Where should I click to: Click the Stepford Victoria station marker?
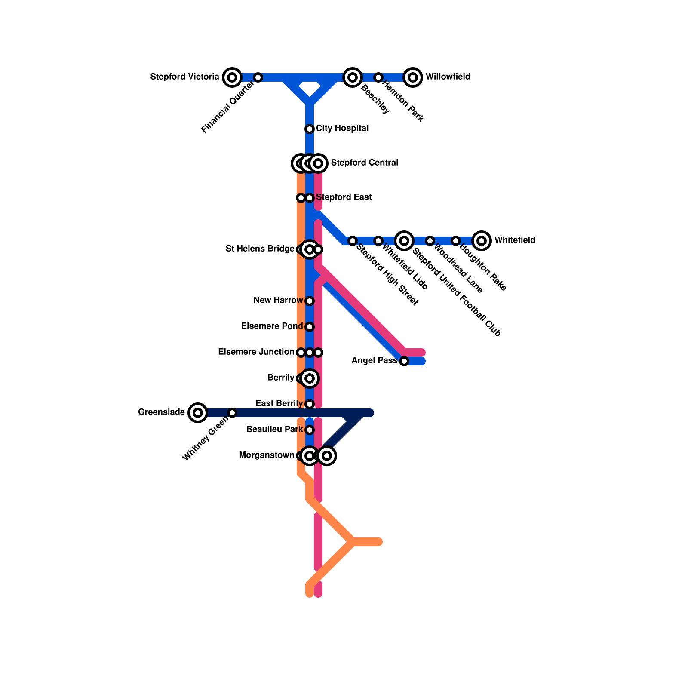pyautogui.click(x=232, y=77)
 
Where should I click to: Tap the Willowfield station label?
pyautogui.click(x=448, y=77)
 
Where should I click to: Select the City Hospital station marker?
pyautogui.click(x=310, y=129)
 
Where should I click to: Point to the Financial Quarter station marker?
pyautogui.click(x=258, y=77)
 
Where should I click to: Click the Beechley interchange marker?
pyautogui.click(x=353, y=77)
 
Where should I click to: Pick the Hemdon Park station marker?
pyautogui.click(x=378, y=77)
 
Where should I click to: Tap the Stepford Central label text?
pyautogui.click(x=364, y=163)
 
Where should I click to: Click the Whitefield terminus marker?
pyautogui.click(x=482, y=241)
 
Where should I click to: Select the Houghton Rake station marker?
pyautogui.click(x=456, y=241)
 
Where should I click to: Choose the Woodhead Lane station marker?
pyautogui.click(x=430, y=241)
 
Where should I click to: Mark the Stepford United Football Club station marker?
pyautogui.click(x=404, y=241)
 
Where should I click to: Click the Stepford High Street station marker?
pyautogui.click(x=353, y=241)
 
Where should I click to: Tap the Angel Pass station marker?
pyautogui.click(x=404, y=361)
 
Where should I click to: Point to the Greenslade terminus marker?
pyautogui.click(x=198, y=413)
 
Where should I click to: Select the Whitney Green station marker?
pyautogui.click(x=232, y=413)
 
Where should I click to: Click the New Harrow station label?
pyautogui.click(x=278, y=301)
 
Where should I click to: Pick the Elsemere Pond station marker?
pyautogui.click(x=310, y=327)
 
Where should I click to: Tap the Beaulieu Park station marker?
pyautogui.click(x=310, y=430)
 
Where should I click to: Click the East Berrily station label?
pyautogui.click(x=279, y=404)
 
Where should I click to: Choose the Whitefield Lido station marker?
pyautogui.click(x=378, y=241)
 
